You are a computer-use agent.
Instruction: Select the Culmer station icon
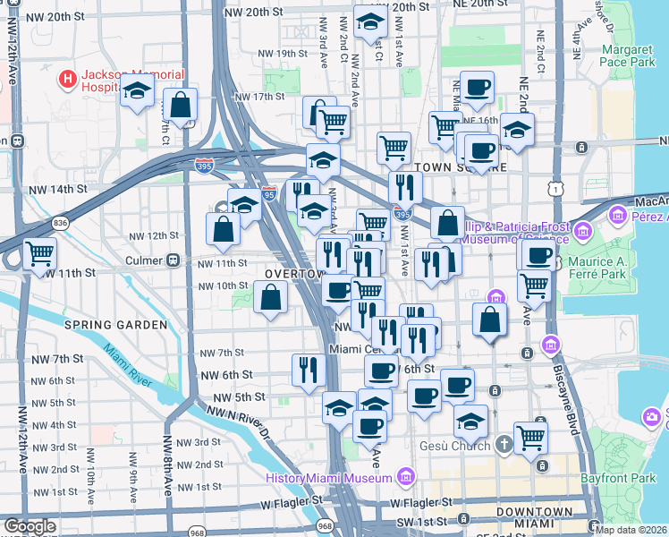tap(174, 260)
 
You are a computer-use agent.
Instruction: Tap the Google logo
tap(30, 526)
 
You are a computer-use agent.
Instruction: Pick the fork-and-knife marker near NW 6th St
tap(308, 369)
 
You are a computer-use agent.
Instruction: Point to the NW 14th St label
tap(58, 190)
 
